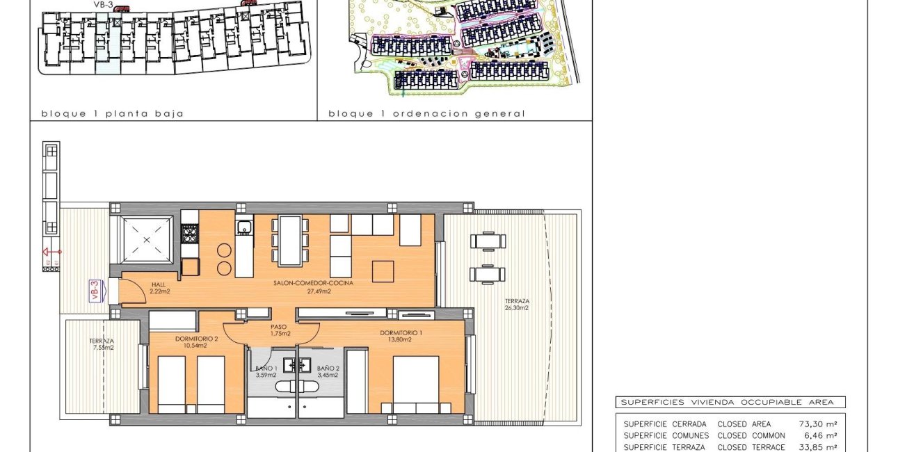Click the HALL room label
tap(159, 284)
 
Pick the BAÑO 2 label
tap(328, 368)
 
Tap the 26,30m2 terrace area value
tap(518, 307)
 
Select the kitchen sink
tap(243, 227)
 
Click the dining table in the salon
tap(290, 240)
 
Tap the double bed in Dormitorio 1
tap(416, 385)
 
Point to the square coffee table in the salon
tap(383, 271)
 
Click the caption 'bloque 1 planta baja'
tap(112, 113)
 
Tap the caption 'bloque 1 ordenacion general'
tap(426, 113)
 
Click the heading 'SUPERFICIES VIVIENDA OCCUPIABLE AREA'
tap(730, 402)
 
